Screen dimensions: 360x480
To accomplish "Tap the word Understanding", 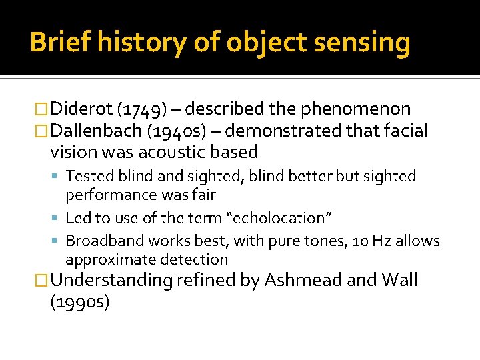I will point(112,281).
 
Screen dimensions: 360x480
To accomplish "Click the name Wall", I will point(401,281).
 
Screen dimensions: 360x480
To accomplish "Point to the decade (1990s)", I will point(79,302).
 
